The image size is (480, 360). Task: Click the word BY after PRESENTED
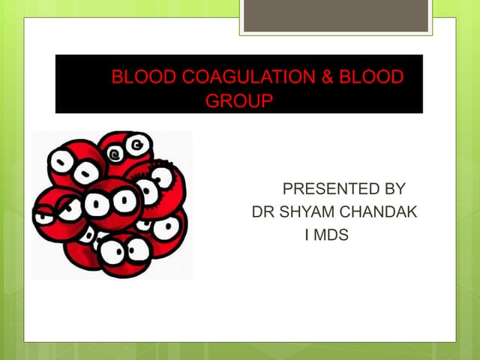[x=392, y=188]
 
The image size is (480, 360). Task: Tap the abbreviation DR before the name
[x=264, y=212]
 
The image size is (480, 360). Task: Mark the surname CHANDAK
[x=379, y=212]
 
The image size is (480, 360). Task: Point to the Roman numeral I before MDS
[x=307, y=235]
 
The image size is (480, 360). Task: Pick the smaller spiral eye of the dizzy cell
[x=115, y=154]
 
